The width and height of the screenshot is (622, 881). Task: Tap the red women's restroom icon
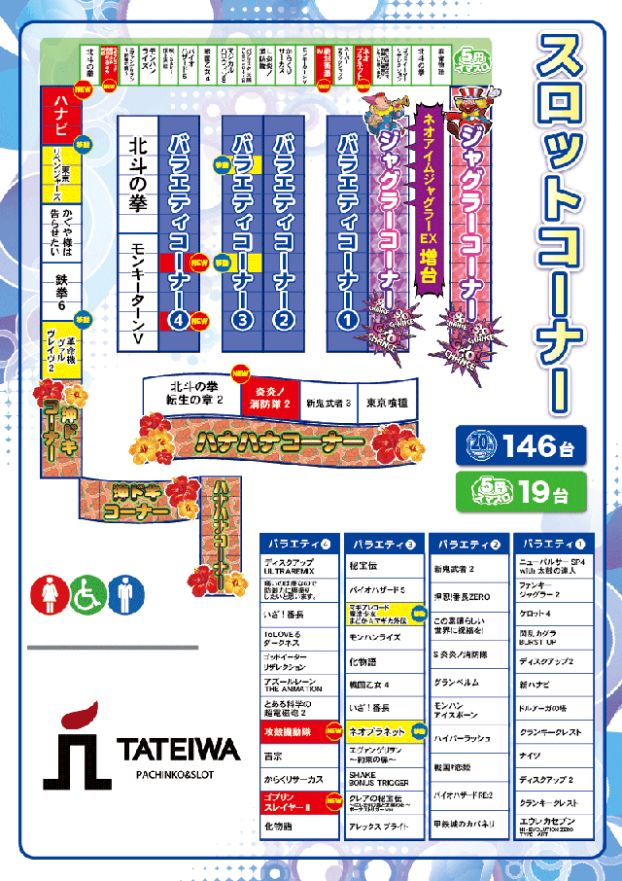tap(52, 595)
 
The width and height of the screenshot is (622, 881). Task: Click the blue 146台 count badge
tap(521, 446)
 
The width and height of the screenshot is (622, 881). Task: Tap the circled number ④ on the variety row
tap(178, 317)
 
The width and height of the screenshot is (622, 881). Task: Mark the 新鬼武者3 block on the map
tap(328, 402)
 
